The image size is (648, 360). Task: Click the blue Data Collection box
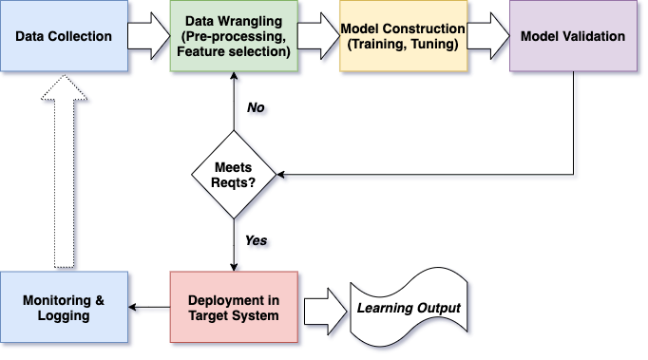click(64, 36)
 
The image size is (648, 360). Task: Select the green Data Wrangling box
click(234, 36)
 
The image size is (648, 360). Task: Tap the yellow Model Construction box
click(404, 36)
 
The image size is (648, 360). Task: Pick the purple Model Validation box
click(573, 36)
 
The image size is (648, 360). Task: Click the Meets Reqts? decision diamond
click(234, 175)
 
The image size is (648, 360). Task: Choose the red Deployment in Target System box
click(234, 307)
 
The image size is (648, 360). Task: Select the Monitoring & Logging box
click(64, 307)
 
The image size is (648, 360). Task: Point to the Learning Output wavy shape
click(409, 307)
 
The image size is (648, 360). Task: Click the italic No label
click(256, 107)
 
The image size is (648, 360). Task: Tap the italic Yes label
click(257, 240)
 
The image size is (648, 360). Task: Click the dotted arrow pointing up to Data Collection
click(64, 171)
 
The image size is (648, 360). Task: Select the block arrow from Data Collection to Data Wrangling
click(149, 36)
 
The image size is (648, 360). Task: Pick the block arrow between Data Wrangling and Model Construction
click(318, 36)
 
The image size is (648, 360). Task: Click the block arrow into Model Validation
click(488, 36)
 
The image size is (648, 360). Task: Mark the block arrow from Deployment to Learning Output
click(326, 312)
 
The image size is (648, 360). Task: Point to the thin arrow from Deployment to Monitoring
click(149, 307)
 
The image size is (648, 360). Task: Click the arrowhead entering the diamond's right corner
click(280, 175)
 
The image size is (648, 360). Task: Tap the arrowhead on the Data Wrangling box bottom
click(234, 76)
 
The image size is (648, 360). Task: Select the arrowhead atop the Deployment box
click(234, 267)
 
